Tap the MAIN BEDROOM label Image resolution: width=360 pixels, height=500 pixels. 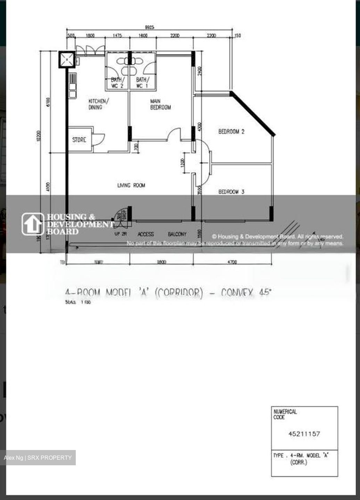(160, 104)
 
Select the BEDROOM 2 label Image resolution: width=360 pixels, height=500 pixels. (231, 132)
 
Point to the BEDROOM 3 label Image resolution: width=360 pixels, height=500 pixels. (231, 192)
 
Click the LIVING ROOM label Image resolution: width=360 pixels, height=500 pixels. (131, 185)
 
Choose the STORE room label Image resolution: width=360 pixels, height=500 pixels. (79, 140)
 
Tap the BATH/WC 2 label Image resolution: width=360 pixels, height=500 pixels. (117, 83)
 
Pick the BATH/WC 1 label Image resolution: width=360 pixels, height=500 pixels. (142, 83)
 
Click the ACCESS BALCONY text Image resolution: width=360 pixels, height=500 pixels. (162, 234)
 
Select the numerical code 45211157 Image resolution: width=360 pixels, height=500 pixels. (304, 434)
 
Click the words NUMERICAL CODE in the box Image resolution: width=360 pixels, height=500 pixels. (285, 414)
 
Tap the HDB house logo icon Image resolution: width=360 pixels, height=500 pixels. (33, 224)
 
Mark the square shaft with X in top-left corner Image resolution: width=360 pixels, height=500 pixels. (66, 59)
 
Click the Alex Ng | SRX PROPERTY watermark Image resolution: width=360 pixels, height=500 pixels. (38, 458)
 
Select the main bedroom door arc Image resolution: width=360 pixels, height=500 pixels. (174, 134)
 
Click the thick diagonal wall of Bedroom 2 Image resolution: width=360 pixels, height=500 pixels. (253, 113)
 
